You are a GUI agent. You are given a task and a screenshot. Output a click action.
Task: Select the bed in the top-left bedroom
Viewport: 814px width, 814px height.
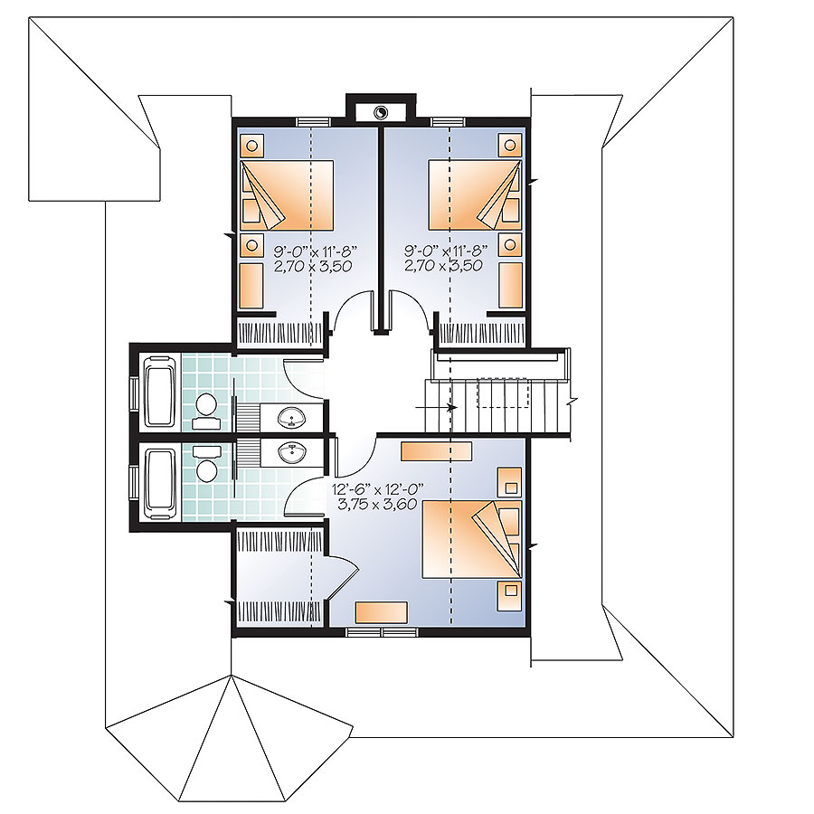click(288, 194)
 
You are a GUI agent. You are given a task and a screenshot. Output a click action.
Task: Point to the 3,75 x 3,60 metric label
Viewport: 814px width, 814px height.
click(381, 503)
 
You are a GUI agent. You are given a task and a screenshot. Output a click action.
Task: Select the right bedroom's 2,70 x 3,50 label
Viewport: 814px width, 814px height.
click(443, 265)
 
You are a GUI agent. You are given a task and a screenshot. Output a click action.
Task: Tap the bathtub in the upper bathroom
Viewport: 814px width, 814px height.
click(160, 393)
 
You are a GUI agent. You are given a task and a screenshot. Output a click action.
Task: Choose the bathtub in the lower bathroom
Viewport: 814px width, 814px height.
click(160, 483)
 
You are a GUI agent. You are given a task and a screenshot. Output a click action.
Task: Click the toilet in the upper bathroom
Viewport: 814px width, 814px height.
click(206, 412)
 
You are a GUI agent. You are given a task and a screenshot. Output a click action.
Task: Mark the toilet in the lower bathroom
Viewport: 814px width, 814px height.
click(206, 463)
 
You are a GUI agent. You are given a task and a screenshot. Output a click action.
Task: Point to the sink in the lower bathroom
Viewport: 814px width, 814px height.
click(291, 453)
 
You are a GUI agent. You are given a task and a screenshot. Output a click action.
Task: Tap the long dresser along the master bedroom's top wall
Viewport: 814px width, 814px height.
click(437, 450)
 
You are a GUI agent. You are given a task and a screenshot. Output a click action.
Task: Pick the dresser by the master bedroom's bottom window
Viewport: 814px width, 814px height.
click(380, 611)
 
